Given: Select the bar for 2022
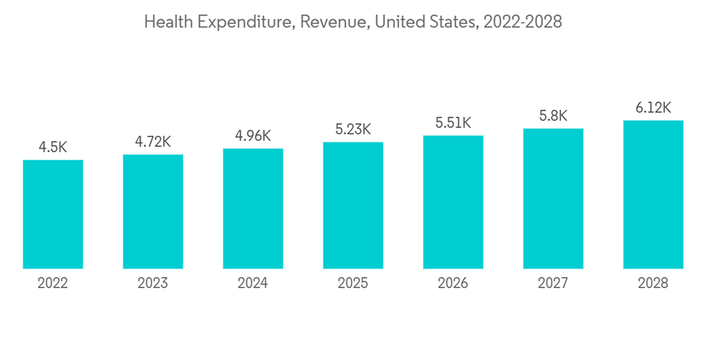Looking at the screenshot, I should coord(53,214).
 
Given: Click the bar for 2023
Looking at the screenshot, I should coord(153,211).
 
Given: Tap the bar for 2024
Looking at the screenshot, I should coord(253,209).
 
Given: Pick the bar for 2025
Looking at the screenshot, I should coord(353,206).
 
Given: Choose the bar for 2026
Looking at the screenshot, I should coord(453,202).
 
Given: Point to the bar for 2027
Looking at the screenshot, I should coord(553,199).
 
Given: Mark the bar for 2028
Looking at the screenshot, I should coord(653,194).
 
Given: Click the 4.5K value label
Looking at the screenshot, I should coord(53,148).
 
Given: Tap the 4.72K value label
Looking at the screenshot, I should coord(153,142).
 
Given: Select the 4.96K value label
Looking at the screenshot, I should coord(253,136).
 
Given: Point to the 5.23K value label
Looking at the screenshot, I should coord(353,129).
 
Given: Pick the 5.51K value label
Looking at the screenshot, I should coord(453,123).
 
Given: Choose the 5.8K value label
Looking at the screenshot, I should coord(553,116).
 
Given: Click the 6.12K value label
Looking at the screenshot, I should coord(653,108).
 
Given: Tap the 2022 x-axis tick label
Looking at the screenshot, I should coord(53,284).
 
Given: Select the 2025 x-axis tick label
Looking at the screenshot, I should coord(353,284).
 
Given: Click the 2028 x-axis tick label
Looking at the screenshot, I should coord(653,284).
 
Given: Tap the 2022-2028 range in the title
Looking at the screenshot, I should coord(523,22).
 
